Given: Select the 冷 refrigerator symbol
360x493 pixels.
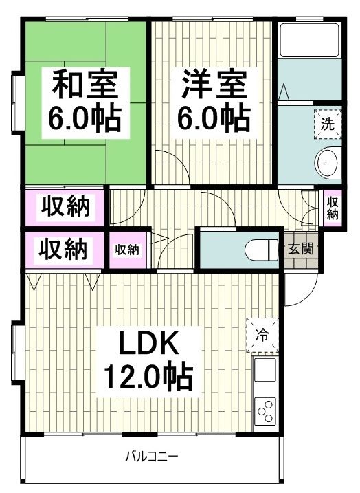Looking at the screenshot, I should (x=262, y=335).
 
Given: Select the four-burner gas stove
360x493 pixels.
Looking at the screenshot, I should (x=265, y=410).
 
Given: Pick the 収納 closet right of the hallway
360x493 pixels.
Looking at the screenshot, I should (x=332, y=208).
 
